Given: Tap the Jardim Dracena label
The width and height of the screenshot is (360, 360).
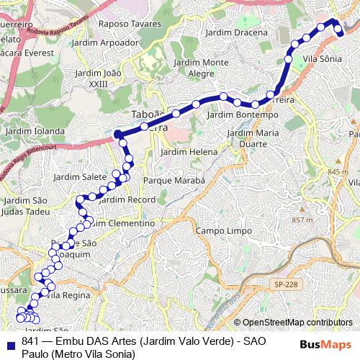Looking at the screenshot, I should pos(235,32).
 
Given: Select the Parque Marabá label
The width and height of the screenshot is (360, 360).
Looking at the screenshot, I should pos(175,179).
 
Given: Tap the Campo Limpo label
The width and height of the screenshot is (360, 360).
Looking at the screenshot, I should pos(223,231).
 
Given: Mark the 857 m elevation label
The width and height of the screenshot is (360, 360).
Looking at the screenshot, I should pos(302,220).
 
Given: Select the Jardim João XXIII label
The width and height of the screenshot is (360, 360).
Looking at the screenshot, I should pos(102,78).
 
